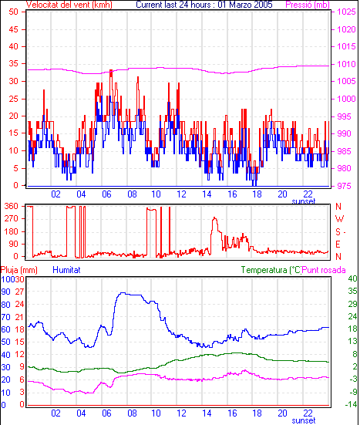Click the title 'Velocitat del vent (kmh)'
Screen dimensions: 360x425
pyautogui.click(x=69, y=5)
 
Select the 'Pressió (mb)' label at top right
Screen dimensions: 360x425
pyautogui.click(x=308, y=5)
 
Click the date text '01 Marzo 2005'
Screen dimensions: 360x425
pyautogui.click(x=245, y=5)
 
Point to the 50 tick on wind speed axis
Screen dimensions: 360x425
pyautogui.click(x=13, y=12)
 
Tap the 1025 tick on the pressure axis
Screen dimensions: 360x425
pyautogui.click(x=346, y=12)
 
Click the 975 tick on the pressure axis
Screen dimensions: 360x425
pyautogui.click(x=344, y=186)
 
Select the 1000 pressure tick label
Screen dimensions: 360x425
pyautogui.click(x=346, y=99)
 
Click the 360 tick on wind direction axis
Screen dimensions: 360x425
pyautogui.click(x=12, y=206)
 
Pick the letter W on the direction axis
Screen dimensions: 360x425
pyautogui.click(x=339, y=219)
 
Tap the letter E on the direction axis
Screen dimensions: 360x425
pyautogui.click(x=338, y=245)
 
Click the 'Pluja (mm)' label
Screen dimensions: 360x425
pyautogui.click(x=19, y=270)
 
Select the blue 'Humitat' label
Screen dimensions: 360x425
pyautogui.click(x=66, y=270)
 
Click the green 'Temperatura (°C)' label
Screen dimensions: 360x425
pyautogui.click(x=271, y=270)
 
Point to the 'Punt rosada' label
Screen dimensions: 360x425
pyautogui.click(x=324, y=270)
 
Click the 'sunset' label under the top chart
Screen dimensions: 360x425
pyautogui.click(x=304, y=201)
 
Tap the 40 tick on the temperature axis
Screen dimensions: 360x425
pyautogui.click(x=352, y=278)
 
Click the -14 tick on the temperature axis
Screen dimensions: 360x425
pyautogui.click(x=351, y=404)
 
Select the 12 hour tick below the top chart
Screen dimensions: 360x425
pyautogui.click(x=181, y=194)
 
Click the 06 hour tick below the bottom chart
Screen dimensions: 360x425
pyautogui.click(x=106, y=413)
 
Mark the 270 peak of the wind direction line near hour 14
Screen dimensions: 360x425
pyautogui.click(x=215, y=218)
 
